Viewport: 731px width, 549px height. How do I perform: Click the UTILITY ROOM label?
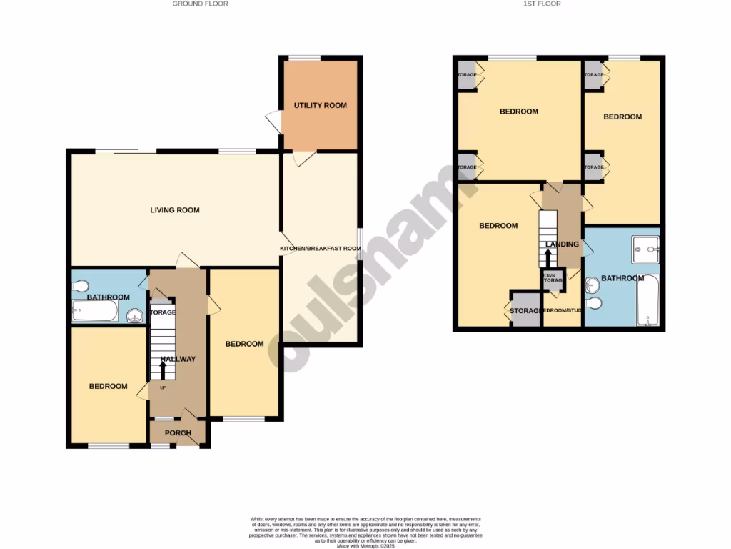pos(321,105)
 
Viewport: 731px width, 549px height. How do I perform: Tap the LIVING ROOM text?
pos(174,210)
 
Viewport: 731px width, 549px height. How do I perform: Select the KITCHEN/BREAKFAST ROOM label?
pos(320,249)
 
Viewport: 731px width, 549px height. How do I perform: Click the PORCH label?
pos(178,433)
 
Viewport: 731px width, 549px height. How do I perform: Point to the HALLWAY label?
pos(178,359)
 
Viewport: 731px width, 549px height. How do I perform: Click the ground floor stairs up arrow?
pos(163,370)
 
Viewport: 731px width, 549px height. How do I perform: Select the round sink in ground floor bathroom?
pos(133,315)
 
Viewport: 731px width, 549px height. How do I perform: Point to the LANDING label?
pos(562,244)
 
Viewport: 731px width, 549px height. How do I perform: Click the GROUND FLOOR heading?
pos(201,4)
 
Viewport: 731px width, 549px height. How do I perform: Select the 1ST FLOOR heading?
pos(543,4)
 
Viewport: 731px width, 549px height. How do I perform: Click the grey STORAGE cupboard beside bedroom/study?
pos(526,310)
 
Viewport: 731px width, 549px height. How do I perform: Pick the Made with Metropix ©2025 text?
pos(365,546)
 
